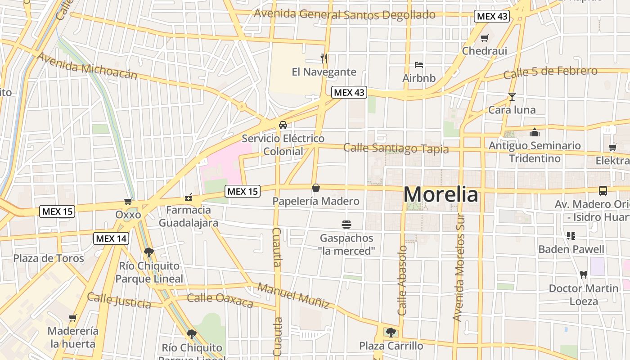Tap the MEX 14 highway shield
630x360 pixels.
[111, 238]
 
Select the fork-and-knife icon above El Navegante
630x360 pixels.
[324, 58]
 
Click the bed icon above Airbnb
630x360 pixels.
[419, 65]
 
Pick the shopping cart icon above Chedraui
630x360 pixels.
[484, 38]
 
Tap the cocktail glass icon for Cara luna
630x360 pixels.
[512, 97]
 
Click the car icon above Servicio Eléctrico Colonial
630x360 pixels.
[283, 125]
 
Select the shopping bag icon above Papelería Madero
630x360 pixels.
[316, 188]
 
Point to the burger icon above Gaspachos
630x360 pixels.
[346, 224]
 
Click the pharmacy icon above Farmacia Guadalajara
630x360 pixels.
[189, 197]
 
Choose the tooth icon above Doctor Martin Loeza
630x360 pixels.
[584, 274]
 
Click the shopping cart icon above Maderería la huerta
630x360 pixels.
[73, 318]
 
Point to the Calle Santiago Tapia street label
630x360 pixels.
[396, 148]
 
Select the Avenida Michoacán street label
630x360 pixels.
[87, 66]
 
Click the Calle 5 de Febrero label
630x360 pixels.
[550, 72]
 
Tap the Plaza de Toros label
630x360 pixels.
[49, 258]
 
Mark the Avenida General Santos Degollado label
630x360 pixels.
[345, 14]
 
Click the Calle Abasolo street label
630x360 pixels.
[402, 280]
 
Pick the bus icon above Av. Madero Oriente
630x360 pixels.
[603, 191]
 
